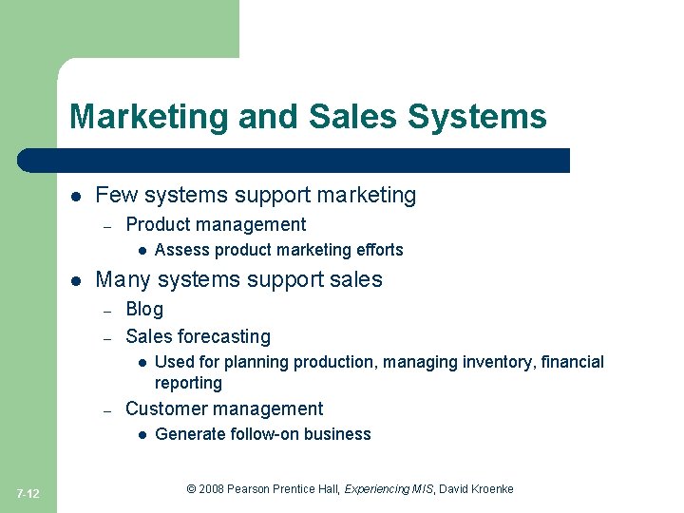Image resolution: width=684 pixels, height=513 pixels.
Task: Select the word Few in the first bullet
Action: point(112,196)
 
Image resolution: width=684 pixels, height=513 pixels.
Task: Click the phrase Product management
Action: point(216,225)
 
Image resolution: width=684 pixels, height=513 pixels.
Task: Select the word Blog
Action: point(144,310)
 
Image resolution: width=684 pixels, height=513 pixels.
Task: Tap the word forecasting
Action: point(225,337)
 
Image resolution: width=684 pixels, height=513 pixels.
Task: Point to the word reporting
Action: point(188,383)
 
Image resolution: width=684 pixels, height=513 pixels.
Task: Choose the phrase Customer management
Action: point(224,409)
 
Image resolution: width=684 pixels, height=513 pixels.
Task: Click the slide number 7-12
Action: point(28,493)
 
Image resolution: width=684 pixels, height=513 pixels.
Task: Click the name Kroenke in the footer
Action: point(491,489)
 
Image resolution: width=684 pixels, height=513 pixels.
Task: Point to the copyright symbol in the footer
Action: point(191,489)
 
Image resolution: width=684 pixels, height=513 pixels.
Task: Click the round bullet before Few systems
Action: point(75,197)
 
